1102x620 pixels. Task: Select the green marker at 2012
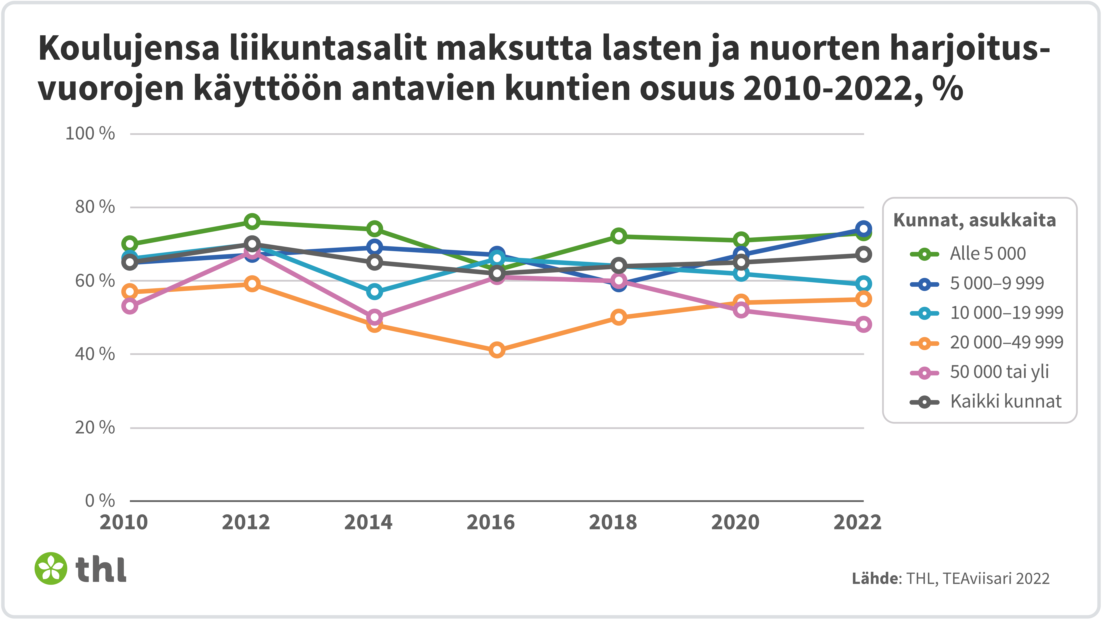pyautogui.click(x=252, y=222)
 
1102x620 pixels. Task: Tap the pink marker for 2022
pyautogui.click(x=863, y=324)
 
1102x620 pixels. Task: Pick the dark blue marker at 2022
pyautogui.click(x=863, y=228)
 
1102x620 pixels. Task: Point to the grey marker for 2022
pyautogui.click(x=863, y=255)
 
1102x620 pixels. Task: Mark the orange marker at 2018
pyautogui.click(x=619, y=317)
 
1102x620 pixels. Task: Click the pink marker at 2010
pyautogui.click(x=130, y=306)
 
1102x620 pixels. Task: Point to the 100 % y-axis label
pyautogui.click(x=90, y=134)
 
